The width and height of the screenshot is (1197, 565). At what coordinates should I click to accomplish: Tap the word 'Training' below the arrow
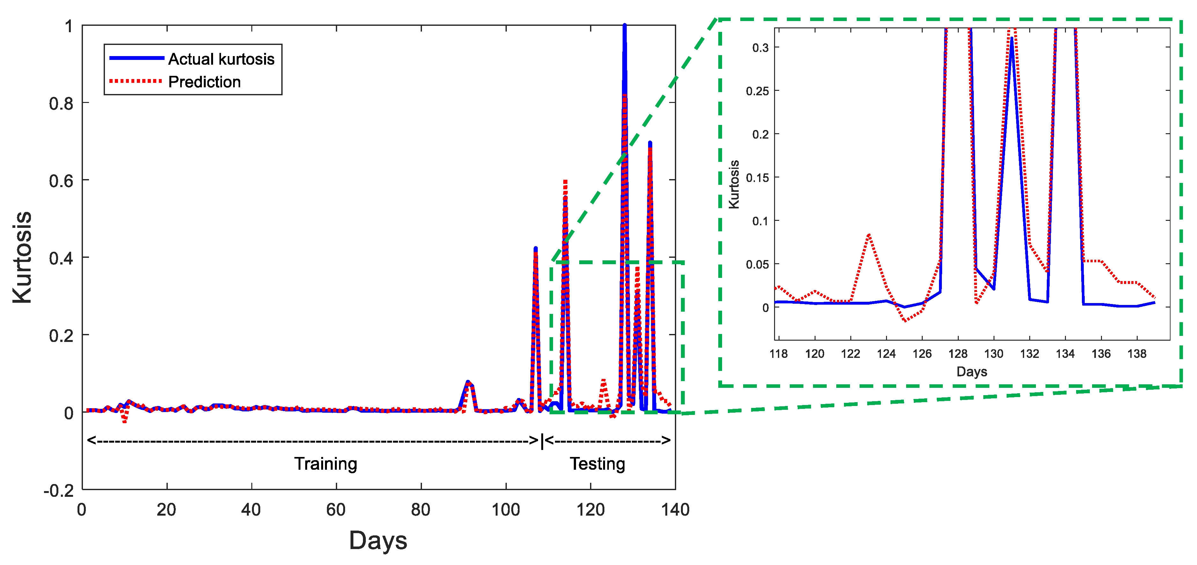point(325,464)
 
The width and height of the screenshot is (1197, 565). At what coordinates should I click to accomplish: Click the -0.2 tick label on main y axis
point(59,491)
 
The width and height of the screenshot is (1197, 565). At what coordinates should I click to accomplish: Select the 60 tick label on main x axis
point(336,510)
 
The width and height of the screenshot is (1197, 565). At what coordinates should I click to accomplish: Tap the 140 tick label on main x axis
point(675,510)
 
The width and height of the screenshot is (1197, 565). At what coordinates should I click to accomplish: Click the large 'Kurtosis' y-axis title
point(22,258)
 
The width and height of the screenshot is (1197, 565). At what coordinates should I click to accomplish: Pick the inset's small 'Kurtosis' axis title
point(734,184)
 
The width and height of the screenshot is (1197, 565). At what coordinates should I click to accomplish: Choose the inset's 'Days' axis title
point(971,371)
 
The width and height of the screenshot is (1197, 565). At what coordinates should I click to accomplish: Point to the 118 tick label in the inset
point(778,354)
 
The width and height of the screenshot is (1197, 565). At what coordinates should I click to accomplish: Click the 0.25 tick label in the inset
point(757,91)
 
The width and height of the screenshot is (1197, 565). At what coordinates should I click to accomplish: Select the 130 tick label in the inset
point(994,354)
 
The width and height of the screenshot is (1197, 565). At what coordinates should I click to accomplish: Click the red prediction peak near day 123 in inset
point(868,235)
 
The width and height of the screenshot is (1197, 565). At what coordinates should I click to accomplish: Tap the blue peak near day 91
point(468,382)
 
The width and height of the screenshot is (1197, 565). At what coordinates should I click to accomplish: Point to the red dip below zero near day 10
point(124,421)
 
